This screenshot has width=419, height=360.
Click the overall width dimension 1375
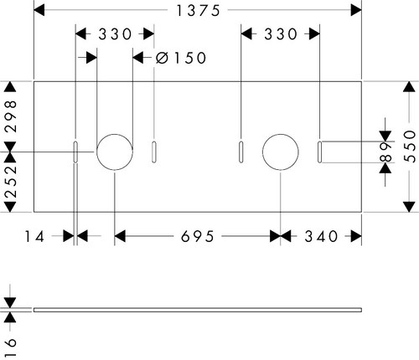tap(199, 11)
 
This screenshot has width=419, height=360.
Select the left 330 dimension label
tap(115, 34)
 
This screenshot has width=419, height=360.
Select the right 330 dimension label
tap(281, 34)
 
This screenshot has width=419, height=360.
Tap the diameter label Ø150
tap(181, 58)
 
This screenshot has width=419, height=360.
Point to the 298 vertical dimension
tap(11, 116)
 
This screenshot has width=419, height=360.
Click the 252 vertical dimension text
tap(11, 182)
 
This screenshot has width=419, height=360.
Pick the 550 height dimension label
tap(410, 147)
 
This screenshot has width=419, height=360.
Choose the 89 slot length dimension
tap(386, 152)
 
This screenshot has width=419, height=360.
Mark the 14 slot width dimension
tap(34, 237)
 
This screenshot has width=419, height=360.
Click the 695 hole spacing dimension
tap(198, 237)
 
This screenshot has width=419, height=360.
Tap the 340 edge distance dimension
tap(321, 237)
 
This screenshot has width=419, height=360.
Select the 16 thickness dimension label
tap(11, 347)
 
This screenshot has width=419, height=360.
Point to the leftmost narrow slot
tap(75, 152)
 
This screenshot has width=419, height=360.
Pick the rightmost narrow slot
tap(320, 152)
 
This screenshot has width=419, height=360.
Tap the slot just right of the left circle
tap(154, 152)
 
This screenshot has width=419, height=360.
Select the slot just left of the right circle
tap(241, 152)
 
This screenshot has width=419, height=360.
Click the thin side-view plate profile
tap(198, 310)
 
